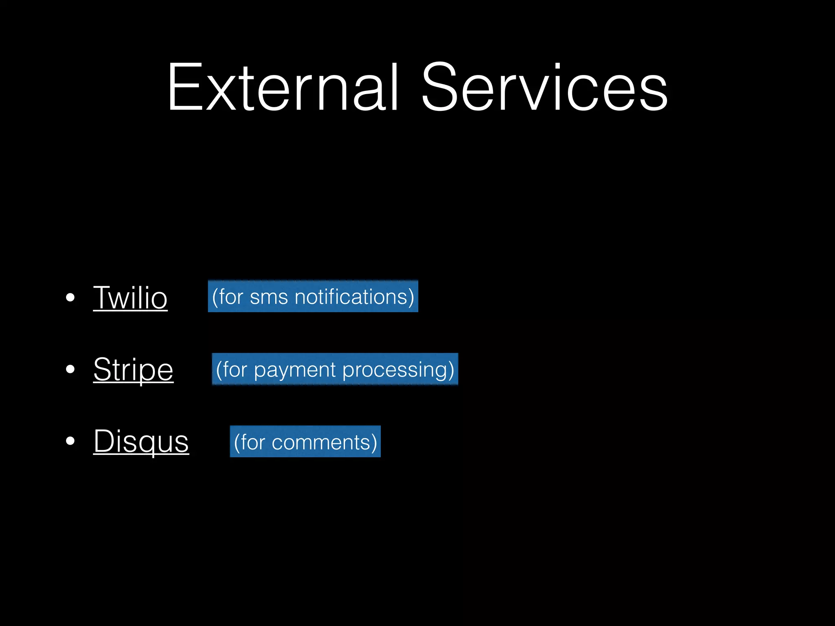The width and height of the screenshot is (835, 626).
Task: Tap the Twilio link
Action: coord(130,298)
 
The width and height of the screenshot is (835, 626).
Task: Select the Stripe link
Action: coord(133,369)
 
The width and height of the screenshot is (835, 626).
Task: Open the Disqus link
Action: coord(141,441)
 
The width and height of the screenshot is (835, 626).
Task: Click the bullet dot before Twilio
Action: coord(70,298)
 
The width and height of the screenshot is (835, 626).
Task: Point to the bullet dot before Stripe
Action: coord(70,369)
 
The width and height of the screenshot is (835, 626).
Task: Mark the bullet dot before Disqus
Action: coord(70,441)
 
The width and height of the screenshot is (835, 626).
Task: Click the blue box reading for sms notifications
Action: coord(313,296)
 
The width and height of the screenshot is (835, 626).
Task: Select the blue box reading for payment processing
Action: coord(335,369)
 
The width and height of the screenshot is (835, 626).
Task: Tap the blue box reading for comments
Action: coord(305,442)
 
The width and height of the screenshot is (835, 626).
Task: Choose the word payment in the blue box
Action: coord(295,370)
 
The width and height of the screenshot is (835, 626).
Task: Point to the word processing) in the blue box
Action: coord(398,370)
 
